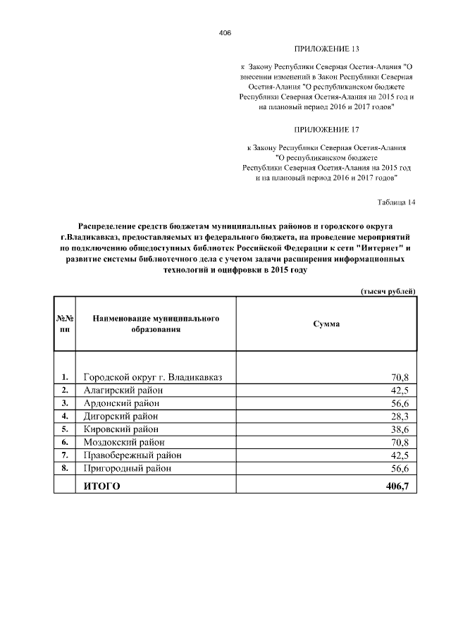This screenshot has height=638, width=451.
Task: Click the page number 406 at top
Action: (225, 33)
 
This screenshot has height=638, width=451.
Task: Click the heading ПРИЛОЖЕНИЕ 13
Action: (326, 49)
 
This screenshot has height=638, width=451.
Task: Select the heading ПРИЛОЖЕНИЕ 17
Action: (326, 130)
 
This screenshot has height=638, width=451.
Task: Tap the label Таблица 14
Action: (397, 202)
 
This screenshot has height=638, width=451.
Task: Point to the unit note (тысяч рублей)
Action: (388, 291)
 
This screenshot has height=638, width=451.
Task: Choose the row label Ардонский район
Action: (121, 403)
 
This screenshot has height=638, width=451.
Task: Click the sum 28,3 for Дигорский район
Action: (400, 416)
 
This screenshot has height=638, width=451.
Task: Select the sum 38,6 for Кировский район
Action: (400, 429)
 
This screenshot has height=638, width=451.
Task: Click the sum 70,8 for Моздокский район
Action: (400, 442)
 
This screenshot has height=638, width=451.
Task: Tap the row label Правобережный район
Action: (132, 455)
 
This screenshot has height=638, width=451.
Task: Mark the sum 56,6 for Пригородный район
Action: (400, 468)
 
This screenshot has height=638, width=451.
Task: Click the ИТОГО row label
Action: (102, 486)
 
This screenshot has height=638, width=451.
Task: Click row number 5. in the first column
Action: (65, 429)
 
